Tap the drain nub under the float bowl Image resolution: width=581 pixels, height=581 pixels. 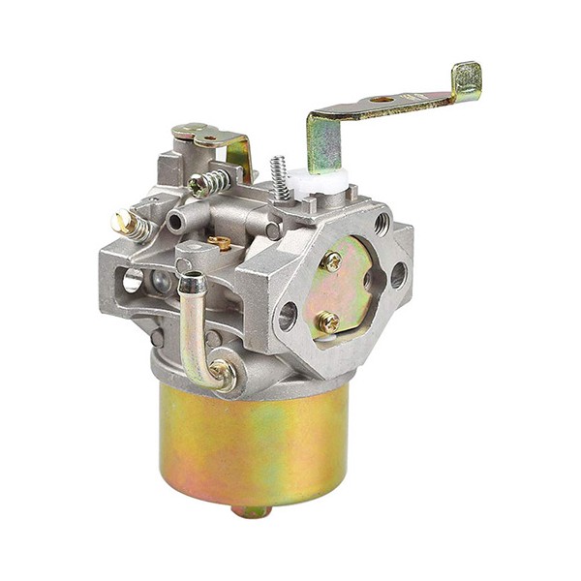click(254, 510)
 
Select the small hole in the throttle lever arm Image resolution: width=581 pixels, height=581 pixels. click(381, 100)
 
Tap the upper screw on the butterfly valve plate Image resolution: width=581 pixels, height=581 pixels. click(331, 260)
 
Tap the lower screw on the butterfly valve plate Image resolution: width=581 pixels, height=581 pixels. click(328, 321)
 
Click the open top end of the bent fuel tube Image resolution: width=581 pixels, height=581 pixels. click(193, 283)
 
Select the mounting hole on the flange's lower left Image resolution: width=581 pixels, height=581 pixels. click(288, 316)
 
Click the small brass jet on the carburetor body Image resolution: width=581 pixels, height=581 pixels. click(222, 243)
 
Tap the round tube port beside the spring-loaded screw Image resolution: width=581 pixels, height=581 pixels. click(175, 221)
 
